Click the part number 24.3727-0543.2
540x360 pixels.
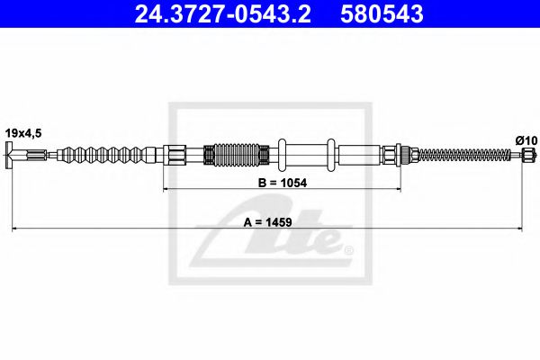click(222, 14)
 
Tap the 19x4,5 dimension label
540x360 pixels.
click(23, 132)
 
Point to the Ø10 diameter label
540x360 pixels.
click(526, 139)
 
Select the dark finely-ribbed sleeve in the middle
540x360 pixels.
click(237, 156)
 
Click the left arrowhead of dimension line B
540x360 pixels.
click(165, 189)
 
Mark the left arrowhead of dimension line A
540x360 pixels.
click(13, 229)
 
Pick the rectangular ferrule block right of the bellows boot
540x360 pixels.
click(178, 156)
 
